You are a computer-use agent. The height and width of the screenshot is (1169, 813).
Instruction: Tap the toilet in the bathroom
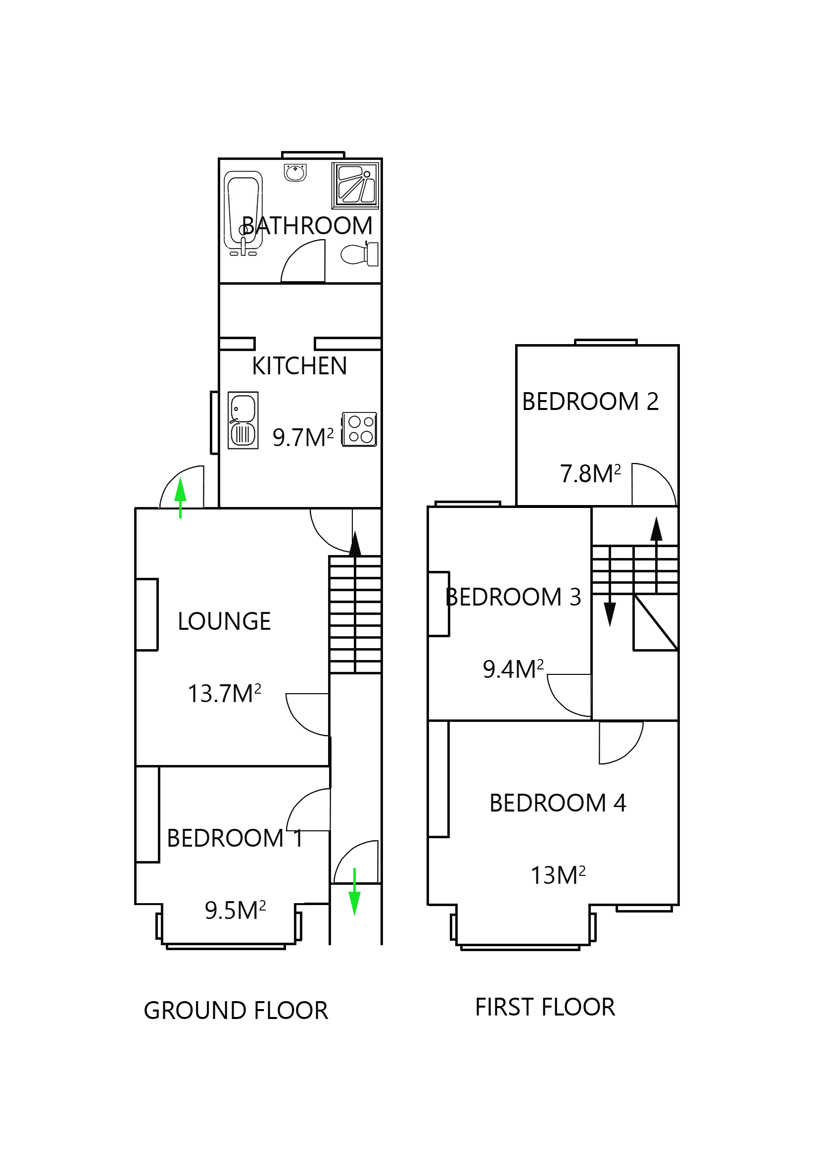(359, 254)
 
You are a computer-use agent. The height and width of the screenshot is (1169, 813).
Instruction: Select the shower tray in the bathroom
(355, 185)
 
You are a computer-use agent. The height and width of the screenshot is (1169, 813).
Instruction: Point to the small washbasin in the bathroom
(295, 173)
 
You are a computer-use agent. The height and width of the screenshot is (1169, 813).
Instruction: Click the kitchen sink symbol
(242, 420)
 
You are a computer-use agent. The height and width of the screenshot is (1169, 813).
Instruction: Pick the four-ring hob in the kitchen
(359, 429)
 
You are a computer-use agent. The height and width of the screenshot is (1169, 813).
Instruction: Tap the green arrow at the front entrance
(354, 894)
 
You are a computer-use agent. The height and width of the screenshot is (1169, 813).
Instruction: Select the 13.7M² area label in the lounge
(224, 694)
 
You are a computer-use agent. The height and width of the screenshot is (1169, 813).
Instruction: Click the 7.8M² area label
(590, 474)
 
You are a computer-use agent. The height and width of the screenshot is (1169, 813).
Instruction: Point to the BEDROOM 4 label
(558, 803)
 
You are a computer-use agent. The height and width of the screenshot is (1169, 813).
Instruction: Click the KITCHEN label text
(299, 366)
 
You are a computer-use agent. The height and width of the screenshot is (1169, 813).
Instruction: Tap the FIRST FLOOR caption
(545, 1007)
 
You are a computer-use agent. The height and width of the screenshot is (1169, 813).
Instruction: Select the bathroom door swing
(303, 262)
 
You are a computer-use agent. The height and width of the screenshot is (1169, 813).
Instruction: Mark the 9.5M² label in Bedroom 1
(235, 911)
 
